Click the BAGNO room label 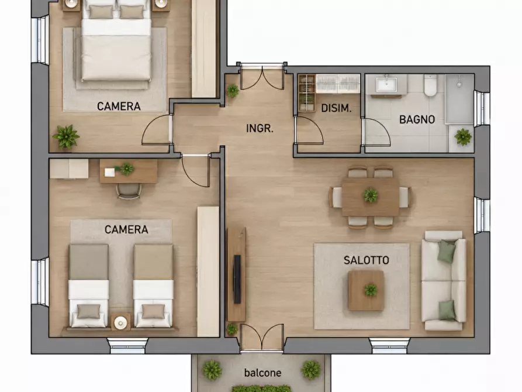click(417, 119)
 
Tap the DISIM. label click(336, 108)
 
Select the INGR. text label click(260, 128)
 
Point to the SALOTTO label click(366, 260)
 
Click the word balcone click(262, 372)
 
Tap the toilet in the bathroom click(430, 85)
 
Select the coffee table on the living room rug click(366, 290)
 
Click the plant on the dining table click(371, 195)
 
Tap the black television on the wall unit click(237, 279)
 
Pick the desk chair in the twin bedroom click(129, 191)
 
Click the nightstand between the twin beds click(120, 322)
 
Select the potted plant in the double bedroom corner click(66, 136)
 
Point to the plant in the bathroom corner click(463, 137)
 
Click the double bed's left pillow click(101, 12)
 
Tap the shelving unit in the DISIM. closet click(307, 94)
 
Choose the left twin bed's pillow click(88, 311)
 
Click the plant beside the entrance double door click(233, 90)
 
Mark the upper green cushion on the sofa click(446, 252)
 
